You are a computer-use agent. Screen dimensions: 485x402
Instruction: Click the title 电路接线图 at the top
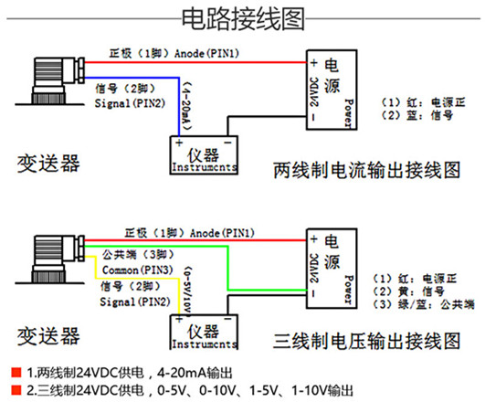tap(243, 19)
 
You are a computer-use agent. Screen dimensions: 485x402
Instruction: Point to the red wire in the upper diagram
tap(195, 62)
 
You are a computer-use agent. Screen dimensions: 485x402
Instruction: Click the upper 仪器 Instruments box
tap(204, 155)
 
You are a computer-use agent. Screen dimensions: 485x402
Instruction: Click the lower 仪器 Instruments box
tap(204, 333)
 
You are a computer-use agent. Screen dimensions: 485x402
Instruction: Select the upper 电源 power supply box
tap(332, 90)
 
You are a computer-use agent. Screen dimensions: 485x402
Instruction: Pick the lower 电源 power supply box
tap(332, 269)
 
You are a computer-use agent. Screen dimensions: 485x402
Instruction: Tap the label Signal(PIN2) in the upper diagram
tap(130, 103)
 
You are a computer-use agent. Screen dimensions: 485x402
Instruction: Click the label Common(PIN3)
tap(138, 270)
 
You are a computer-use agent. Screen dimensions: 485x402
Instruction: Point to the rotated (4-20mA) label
tap(186, 106)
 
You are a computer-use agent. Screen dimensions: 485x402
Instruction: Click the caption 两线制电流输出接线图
tap(367, 170)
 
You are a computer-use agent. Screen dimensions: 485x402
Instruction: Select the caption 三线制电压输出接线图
tap(367, 342)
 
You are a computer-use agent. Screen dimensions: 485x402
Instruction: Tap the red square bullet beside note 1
tap(16, 372)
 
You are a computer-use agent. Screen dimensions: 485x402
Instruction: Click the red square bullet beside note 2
tap(16, 390)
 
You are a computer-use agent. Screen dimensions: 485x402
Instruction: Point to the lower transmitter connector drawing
tap(50, 259)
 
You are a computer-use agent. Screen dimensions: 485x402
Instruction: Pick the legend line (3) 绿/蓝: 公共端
tap(423, 304)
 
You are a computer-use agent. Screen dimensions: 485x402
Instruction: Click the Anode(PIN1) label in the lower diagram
tap(222, 233)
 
